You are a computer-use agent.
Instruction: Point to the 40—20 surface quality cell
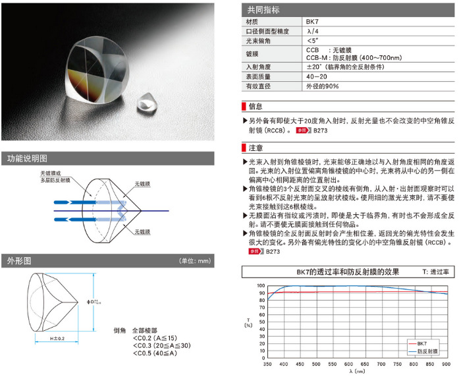click(x=317, y=77)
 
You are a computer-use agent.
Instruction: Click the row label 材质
click(x=253, y=21)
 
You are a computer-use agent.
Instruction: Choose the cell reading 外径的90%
click(x=322, y=86)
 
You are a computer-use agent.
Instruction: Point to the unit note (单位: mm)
click(x=195, y=260)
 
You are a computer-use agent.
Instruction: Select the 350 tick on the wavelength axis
click(x=267, y=363)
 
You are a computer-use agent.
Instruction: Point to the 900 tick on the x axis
click(x=447, y=363)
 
